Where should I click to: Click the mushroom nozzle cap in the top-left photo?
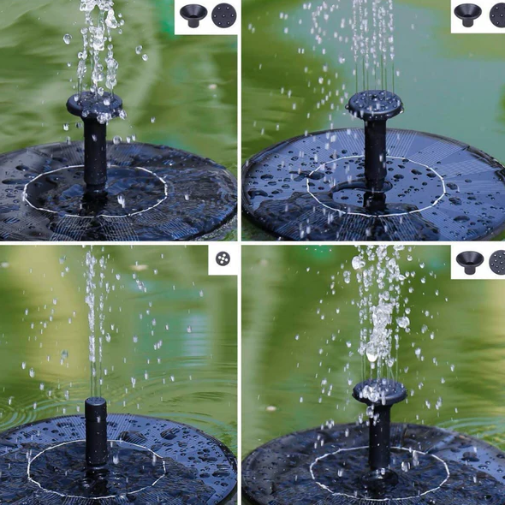[x=94, y=104]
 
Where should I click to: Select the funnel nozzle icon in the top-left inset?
[x=191, y=15]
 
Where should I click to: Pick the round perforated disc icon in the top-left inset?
[x=223, y=15]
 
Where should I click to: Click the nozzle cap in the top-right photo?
[x=375, y=104]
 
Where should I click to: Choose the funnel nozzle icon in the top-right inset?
[x=467, y=14]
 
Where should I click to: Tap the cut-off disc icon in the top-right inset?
[x=497, y=15]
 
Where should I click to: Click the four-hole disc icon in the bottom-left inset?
[x=223, y=258]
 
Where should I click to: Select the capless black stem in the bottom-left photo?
[x=96, y=432]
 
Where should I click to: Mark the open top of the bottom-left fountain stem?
[x=96, y=401]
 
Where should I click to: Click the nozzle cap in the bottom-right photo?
[x=379, y=391]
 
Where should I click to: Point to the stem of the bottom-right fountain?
[x=379, y=437]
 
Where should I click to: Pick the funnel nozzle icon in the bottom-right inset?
[x=469, y=261]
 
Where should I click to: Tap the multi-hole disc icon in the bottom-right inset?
[x=497, y=262]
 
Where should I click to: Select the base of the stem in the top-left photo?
[x=95, y=193]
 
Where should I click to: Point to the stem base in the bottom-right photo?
[x=379, y=469]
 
